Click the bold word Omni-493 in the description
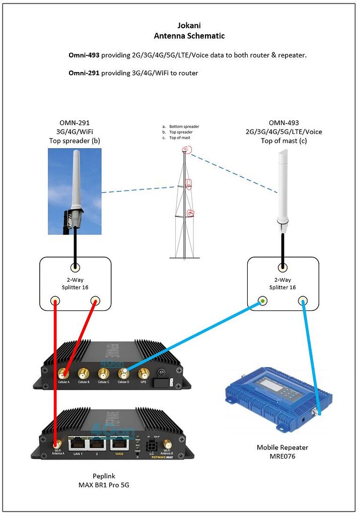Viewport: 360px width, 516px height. point(84,55)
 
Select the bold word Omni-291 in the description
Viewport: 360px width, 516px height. point(84,73)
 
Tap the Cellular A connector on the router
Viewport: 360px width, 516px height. point(63,374)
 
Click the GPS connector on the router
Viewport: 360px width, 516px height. point(143,373)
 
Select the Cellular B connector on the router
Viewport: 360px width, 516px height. point(84,374)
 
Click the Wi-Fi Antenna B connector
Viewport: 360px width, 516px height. point(167,445)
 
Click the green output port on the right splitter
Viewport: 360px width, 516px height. point(262,301)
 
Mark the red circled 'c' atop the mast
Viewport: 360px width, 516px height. point(187,150)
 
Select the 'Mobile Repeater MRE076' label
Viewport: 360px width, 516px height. point(282,451)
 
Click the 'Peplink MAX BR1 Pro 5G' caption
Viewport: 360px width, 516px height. point(107,480)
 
